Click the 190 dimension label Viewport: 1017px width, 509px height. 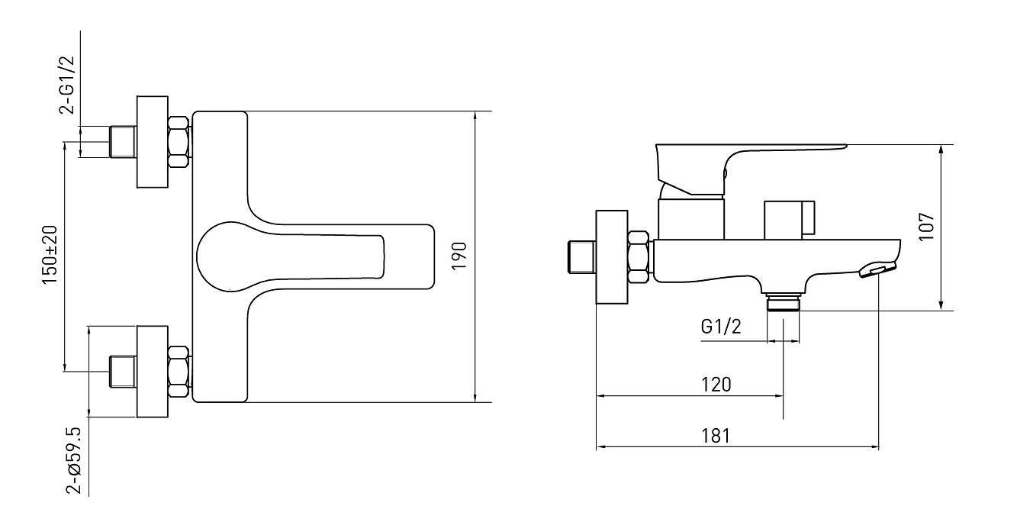tap(459, 256)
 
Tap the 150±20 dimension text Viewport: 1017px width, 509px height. tap(50, 255)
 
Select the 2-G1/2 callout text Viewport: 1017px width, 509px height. tap(66, 85)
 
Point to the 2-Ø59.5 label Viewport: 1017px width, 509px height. tap(75, 460)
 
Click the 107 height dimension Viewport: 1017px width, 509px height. tap(926, 227)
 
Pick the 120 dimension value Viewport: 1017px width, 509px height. tap(716, 385)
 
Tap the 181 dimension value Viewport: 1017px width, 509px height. tap(716, 436)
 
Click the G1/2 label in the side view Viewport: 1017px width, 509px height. tap(721, 327)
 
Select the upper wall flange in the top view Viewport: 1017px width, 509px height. tap(153, 142)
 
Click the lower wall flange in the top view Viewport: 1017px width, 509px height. tap(153, 372)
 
